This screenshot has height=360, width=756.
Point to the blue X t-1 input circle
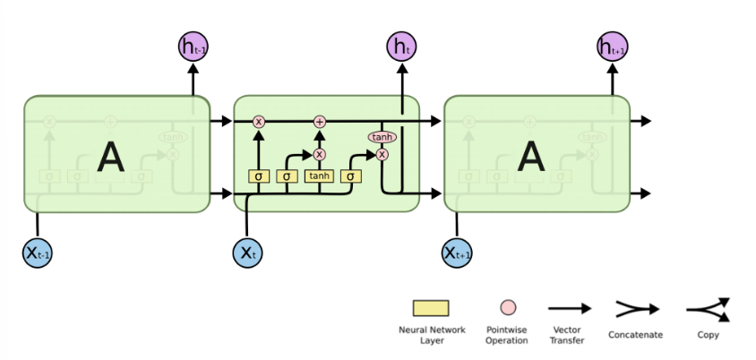(38, 253)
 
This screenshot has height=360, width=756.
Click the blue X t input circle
(247, 253)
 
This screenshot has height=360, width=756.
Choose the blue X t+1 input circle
(458, 253)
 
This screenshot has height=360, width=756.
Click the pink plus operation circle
(319, 121)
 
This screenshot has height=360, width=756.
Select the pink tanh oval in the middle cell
(382, 137)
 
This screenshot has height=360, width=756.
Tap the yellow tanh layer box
(319, 176)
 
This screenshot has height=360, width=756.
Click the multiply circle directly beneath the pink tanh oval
(382, 154)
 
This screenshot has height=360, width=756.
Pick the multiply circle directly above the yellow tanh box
(319, 154)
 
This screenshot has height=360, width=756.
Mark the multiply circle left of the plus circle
(259, 121)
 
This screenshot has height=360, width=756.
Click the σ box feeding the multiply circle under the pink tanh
(350, 176)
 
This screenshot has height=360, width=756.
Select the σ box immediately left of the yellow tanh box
(287, 176)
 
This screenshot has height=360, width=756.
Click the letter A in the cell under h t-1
(111, 158)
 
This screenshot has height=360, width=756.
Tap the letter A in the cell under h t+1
(532, 158)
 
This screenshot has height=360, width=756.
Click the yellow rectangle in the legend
(431, 308)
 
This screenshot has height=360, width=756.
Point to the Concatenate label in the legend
(635, 336)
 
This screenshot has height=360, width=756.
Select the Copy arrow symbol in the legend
(709, 309)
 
